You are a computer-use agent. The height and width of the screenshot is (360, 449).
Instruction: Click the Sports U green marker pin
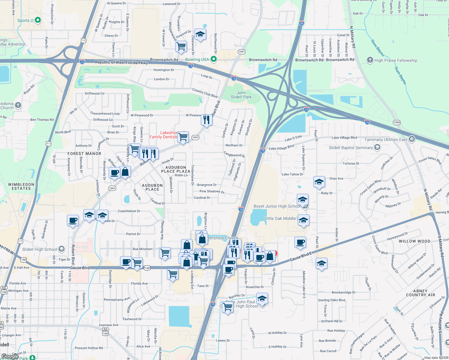click(38, 20)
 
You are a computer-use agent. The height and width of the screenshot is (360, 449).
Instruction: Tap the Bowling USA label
click(197, 59)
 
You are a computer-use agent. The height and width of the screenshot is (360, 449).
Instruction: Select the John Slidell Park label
click(241, 95)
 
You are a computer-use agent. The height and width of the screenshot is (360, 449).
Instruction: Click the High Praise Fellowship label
click(396, 60)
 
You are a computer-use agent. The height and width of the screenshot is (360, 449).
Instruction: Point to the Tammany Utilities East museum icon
click(412, 139)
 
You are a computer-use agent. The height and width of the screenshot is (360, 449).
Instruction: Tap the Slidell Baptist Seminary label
click(351, 148)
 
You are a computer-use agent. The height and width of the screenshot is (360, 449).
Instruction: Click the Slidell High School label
click(40, 249)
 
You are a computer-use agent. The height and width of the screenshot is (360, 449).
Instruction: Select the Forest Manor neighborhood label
click(84, 154)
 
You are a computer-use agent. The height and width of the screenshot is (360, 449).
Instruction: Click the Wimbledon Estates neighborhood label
click(21, 186)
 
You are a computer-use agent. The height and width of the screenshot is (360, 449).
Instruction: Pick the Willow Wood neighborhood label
click(414, 241)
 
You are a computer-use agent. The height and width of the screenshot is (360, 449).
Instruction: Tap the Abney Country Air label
click(420, 293)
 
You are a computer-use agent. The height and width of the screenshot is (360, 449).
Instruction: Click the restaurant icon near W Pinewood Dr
click(206, 120)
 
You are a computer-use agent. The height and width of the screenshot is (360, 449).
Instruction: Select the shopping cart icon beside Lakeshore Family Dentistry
click(183, 137)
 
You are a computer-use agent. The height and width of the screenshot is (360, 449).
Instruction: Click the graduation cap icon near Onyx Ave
click(319, 182)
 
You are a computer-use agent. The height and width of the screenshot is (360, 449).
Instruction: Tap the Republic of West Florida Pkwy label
click(121, 62)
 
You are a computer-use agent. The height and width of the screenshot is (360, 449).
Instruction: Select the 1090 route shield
click(397, 122)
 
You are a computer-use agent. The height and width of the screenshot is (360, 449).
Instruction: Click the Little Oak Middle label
click(280, 218)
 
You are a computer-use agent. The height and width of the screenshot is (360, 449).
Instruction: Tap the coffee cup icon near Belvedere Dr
click(73, 220)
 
